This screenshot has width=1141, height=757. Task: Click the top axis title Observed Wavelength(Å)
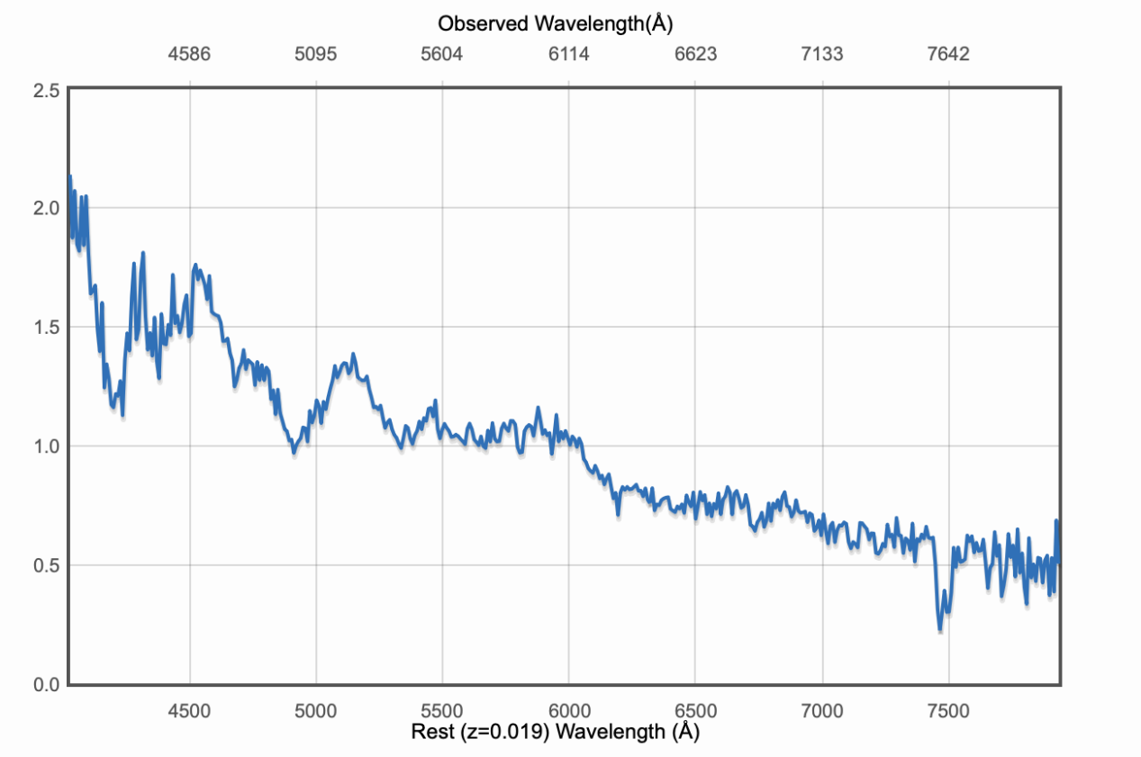click(x=556, y=24)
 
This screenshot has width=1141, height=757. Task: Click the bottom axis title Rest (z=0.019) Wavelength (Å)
click(x=555, y=733)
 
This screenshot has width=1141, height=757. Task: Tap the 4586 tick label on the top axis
click(x=189, y=55)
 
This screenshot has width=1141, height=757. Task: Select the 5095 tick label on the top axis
click(x=315, y=55)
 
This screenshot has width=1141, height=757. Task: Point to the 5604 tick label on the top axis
click(x=441, y=55)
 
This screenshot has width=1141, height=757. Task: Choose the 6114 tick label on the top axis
click(x=568, y=55)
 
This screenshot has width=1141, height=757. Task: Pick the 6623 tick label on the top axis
click(x=695, y=55)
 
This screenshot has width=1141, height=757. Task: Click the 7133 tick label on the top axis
click(x=821, y=55)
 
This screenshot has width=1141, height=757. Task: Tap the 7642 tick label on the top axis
click(x=948, y=55)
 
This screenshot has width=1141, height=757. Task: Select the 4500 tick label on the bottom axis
click(x=189, y=710)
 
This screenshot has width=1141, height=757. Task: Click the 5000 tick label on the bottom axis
click(x=315, y=710)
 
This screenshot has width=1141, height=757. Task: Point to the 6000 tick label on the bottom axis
click(x=568, y=710)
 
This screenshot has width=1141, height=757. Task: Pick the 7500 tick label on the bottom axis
click(x=948, y=710)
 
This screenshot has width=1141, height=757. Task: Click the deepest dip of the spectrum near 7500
click(x=940, y=628)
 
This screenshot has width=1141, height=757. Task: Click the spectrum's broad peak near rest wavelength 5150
click(x=353, y=354)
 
